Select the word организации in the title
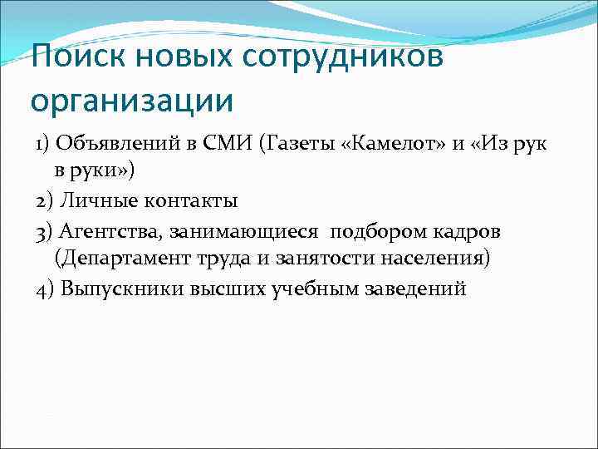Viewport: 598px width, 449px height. pyautogui.click(x=132, y=101)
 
